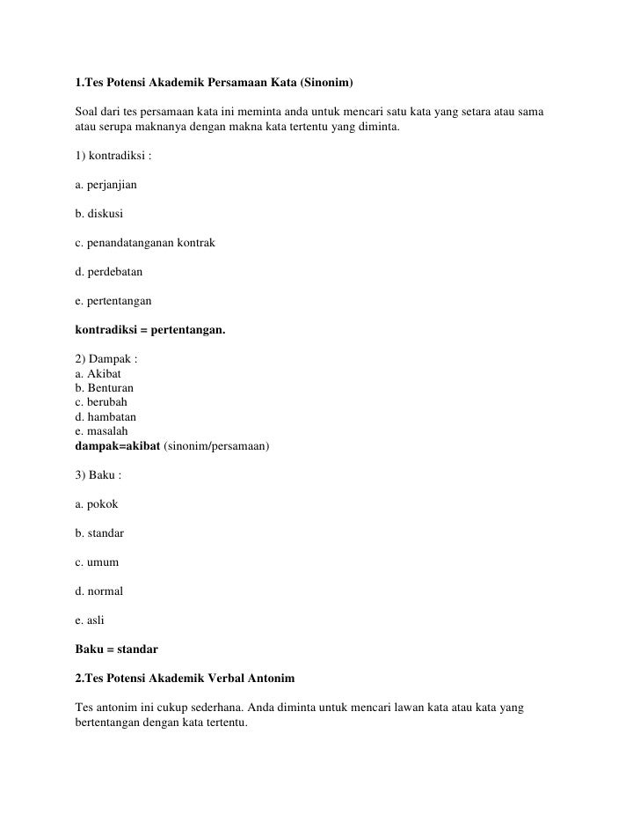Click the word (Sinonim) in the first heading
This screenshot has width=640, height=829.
[x=326, y=84]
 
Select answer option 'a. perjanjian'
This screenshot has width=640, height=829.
[x=105, y=187]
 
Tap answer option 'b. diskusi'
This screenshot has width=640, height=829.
[x=99, y=213]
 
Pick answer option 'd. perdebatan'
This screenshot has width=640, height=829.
[x=109, y=272]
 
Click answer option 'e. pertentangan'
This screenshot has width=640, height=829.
[x=113, y=301]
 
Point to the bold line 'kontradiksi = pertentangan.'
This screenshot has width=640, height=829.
[x=150, y=330]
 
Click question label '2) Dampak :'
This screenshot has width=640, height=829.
[x=106, y=359]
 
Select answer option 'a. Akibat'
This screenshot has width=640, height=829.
[x=98, y=373]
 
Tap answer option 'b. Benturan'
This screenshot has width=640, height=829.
[x=105, y=388]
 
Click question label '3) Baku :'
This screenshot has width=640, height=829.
[x=98, y=475]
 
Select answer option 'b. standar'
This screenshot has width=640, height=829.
[x=99, y=533]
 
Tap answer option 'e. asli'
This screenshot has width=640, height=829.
[x=90, y=620]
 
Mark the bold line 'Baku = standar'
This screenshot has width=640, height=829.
[x=117, y=649]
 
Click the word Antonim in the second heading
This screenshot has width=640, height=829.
[x=273, y=679]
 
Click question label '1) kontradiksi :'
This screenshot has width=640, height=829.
[x=113, y=157]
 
